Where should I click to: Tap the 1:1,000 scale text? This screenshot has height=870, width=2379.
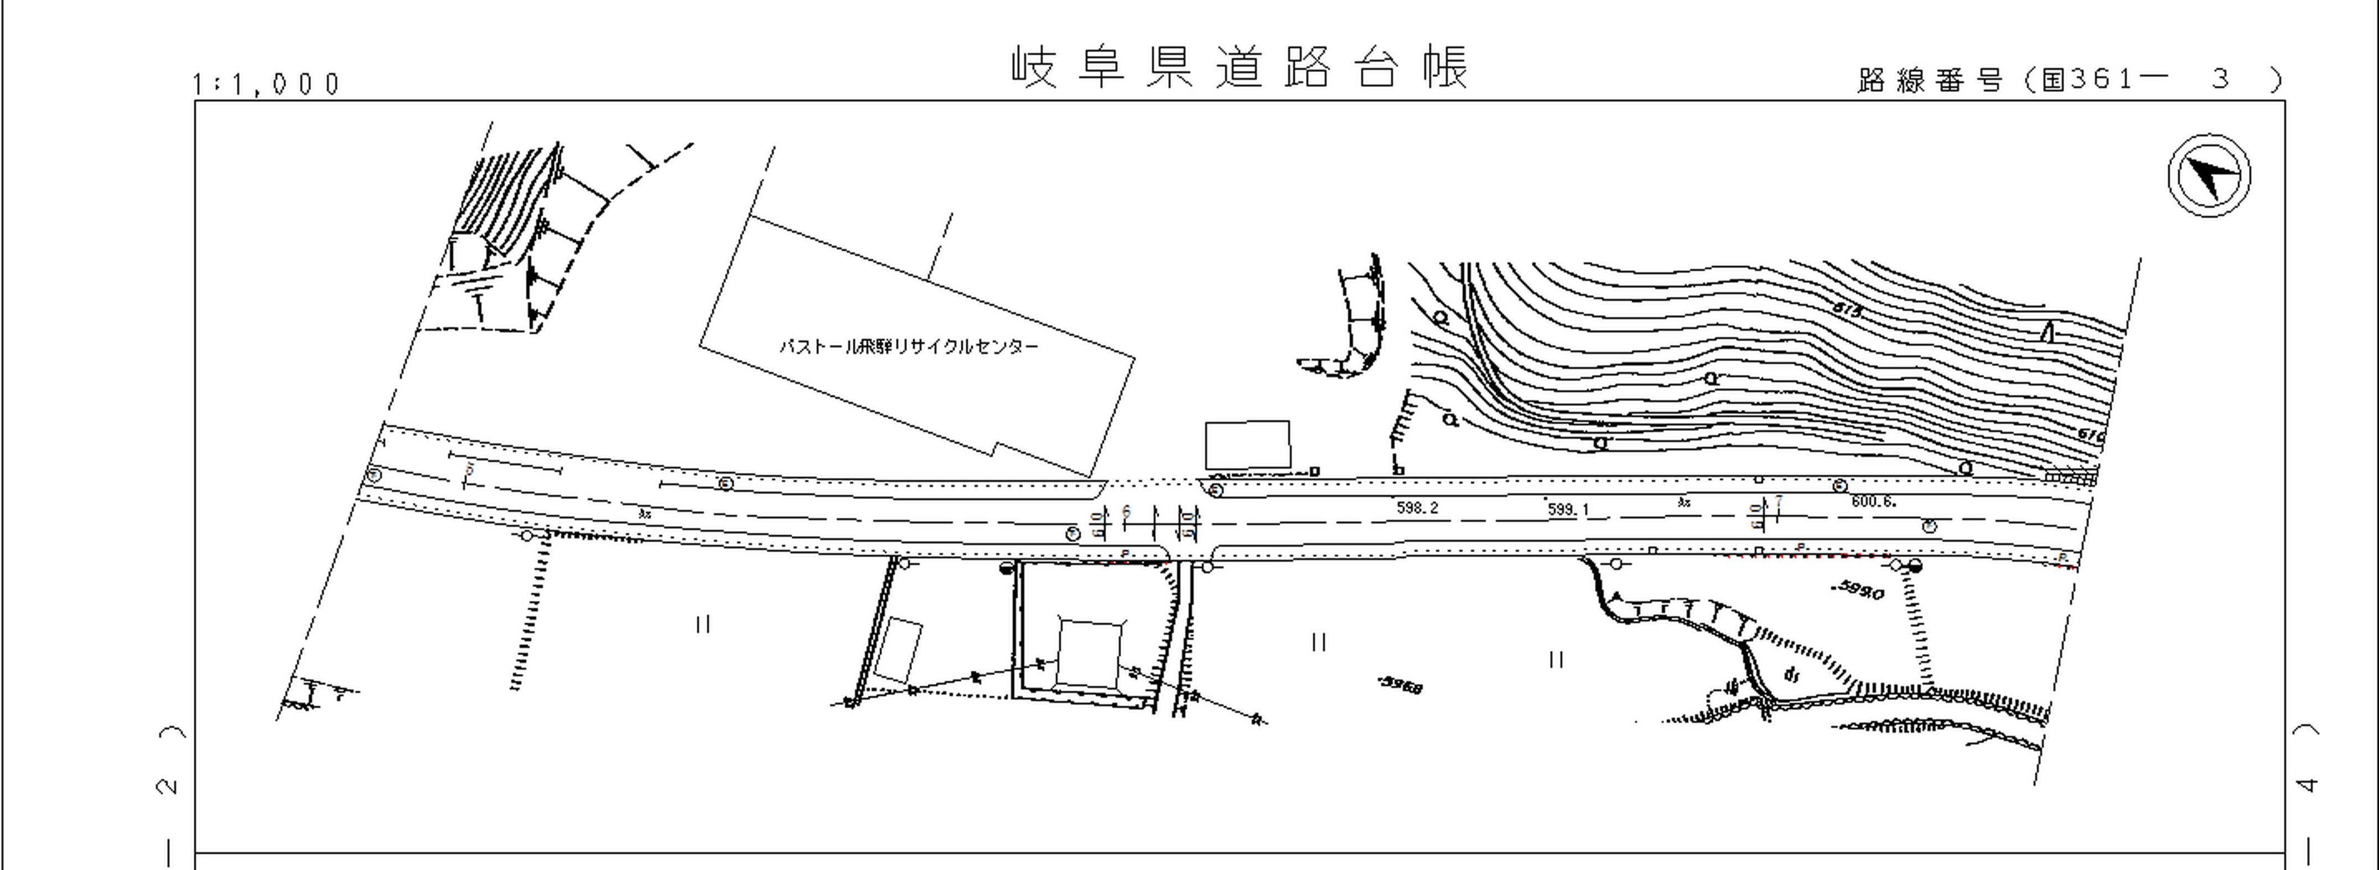point(266,84)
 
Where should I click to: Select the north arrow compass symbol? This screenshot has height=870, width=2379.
point(2209,175)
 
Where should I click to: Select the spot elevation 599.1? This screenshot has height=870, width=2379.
point(1568,509)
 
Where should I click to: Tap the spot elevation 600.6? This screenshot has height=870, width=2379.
point(1873,501)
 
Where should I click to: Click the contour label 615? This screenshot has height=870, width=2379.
point(1848,311)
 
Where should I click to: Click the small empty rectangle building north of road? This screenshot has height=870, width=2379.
point(1247,444)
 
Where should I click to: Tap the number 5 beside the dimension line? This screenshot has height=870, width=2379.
point(469,469)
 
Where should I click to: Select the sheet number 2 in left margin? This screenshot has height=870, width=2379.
point(168,786)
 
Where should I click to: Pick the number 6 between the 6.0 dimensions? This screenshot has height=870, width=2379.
point(1126,511)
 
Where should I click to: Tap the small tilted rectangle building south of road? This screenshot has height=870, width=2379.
point(898,650)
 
